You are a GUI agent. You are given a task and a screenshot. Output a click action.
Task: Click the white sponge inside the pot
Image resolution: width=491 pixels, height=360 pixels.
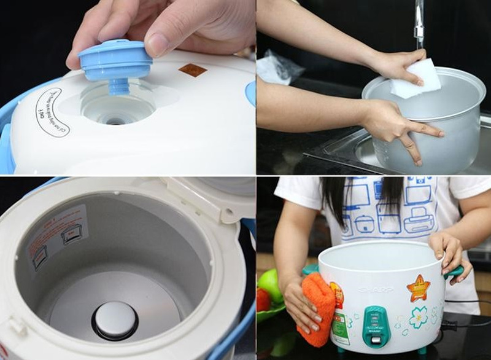point(417,79)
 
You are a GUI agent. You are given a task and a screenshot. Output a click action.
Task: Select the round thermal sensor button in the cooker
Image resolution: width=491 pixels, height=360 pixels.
point(115,319)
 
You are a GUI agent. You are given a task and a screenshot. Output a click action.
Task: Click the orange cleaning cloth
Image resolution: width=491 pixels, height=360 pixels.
point(317,307)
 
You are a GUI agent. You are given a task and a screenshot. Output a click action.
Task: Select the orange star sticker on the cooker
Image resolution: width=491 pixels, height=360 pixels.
point(418,288)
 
